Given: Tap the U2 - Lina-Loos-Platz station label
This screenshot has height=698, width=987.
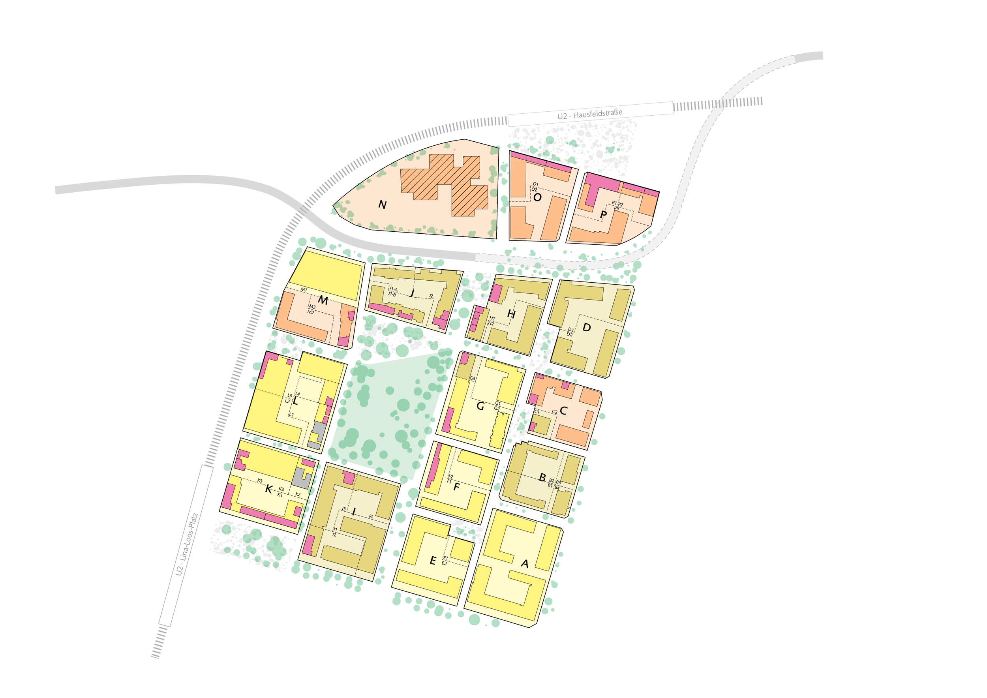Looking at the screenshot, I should click(x=186, y=544).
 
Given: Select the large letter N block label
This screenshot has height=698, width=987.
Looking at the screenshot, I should click(x=382, y=205).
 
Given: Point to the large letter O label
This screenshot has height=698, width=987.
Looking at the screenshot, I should click(x=537, y=197).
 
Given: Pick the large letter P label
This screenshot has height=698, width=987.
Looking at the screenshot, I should click(x=604, y=214).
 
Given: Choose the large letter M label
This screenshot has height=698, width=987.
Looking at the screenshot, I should click(x=323, y=300).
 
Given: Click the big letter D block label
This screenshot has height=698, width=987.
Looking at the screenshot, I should click(x=586, y=328).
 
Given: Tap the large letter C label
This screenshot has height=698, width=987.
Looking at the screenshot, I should click(x=563, y=411).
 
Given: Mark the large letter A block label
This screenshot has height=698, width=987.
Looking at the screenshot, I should click(x=524, y=563).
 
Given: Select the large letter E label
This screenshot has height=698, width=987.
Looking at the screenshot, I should click(x=433, y=561).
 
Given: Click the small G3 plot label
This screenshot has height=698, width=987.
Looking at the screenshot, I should click(x=472, y=379).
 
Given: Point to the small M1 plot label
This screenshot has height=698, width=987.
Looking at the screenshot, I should click(x=304, y=290).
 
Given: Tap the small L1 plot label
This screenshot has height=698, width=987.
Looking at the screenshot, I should click(x=291, y=415).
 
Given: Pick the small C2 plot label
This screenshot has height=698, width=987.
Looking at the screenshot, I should click(x=555, y=412).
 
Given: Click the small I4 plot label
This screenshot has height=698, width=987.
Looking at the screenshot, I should click(x=371, y=516).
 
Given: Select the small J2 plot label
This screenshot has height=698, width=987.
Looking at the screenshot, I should click(x=431, y=296).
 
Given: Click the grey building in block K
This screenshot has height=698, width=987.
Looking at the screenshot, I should click(x=301, y=478).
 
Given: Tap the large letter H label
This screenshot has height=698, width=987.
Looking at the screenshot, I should click(x=511, y=314).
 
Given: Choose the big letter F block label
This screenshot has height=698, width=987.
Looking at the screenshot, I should click(x=456, y=487).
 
